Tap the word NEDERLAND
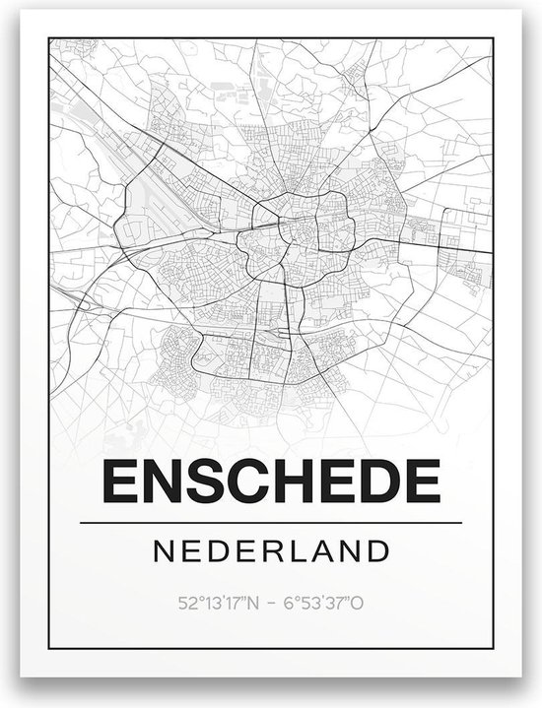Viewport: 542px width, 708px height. point(270,548)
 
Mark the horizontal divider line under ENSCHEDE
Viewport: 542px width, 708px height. point(270,521)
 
